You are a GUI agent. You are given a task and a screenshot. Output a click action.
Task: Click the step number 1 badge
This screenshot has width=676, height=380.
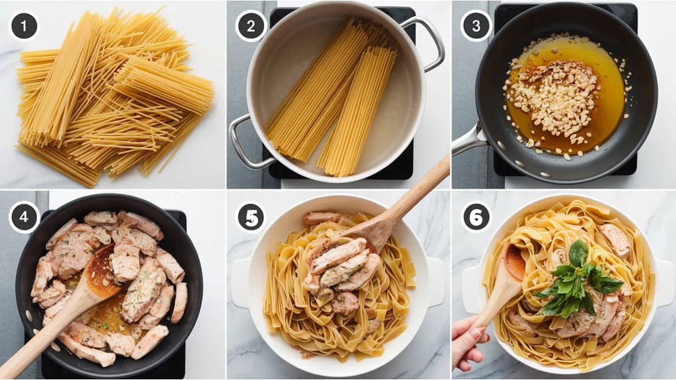click(x=24, y=26)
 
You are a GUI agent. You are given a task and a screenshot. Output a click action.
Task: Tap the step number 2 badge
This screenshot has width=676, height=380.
click(x=250, y=26)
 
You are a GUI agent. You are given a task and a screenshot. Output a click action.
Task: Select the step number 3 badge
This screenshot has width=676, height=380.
click(x=476, y=26)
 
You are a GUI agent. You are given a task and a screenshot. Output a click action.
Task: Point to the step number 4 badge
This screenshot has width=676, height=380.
click(x=24, y=216)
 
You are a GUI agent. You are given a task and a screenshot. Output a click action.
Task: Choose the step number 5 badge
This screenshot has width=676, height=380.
click(x=250, y=217)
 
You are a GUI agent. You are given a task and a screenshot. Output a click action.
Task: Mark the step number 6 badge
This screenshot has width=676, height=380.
click(x=476, y=217)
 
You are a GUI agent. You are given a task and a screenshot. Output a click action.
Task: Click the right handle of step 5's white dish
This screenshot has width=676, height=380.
click(x=436, y=282)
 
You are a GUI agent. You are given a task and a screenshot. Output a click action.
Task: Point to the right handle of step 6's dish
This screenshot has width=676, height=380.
click(x=664, y=282)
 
